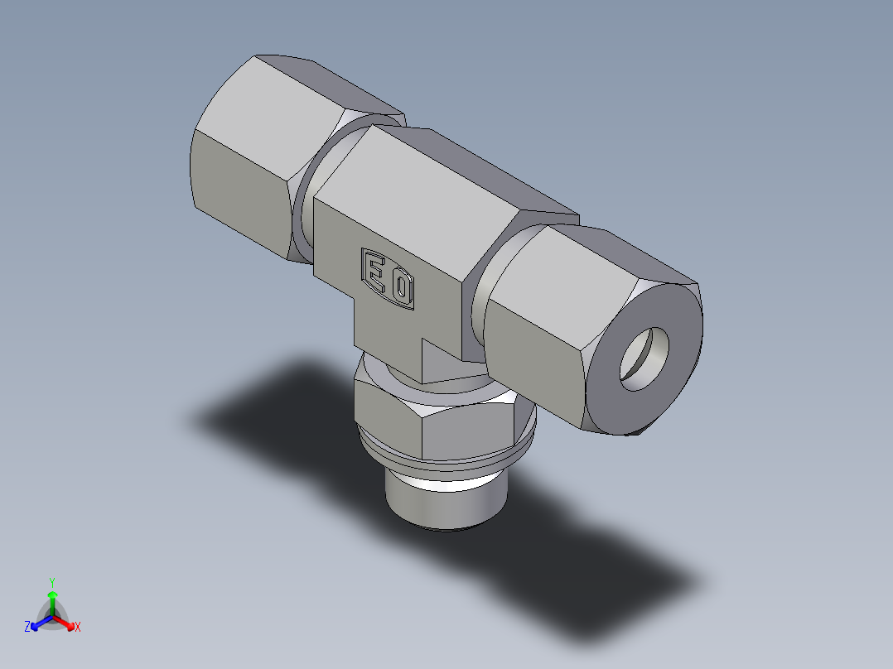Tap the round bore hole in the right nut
coord(645,358)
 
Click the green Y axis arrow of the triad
coord(52,594)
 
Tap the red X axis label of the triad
coord(78,628)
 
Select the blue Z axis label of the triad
coord(27,628)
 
